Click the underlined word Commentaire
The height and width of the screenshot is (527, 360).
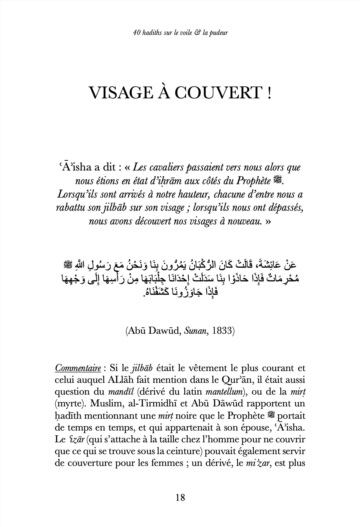pyautogui.click(x=78, y=368)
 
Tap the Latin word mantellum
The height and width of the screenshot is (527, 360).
pyautogui.click(x=224, y=392)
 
